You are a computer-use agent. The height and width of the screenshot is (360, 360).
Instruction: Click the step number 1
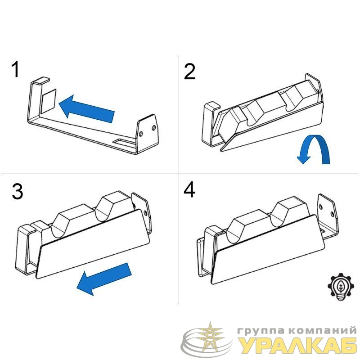pos(15,69)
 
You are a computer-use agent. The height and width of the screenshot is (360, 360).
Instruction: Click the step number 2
pos(189,72)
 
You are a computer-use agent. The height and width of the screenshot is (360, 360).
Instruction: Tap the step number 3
pos(18,191)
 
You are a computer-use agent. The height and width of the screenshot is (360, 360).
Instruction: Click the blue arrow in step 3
pos(104,279)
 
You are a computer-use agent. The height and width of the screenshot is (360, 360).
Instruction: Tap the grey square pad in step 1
pos(49,100)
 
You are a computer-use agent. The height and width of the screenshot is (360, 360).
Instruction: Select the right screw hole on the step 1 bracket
pos(154,128)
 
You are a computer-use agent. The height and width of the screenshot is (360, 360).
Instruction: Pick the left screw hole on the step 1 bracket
pos(141,134)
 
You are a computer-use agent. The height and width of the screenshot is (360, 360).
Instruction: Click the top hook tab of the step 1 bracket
pos(40,81)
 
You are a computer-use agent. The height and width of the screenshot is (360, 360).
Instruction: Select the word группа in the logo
pos(261,331)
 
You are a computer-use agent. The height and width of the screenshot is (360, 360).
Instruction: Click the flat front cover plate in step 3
pos(93,244)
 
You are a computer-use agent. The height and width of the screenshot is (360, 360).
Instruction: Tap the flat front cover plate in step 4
pos(268,250)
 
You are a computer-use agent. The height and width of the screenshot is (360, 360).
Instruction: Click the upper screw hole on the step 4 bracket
pos(321,207)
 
